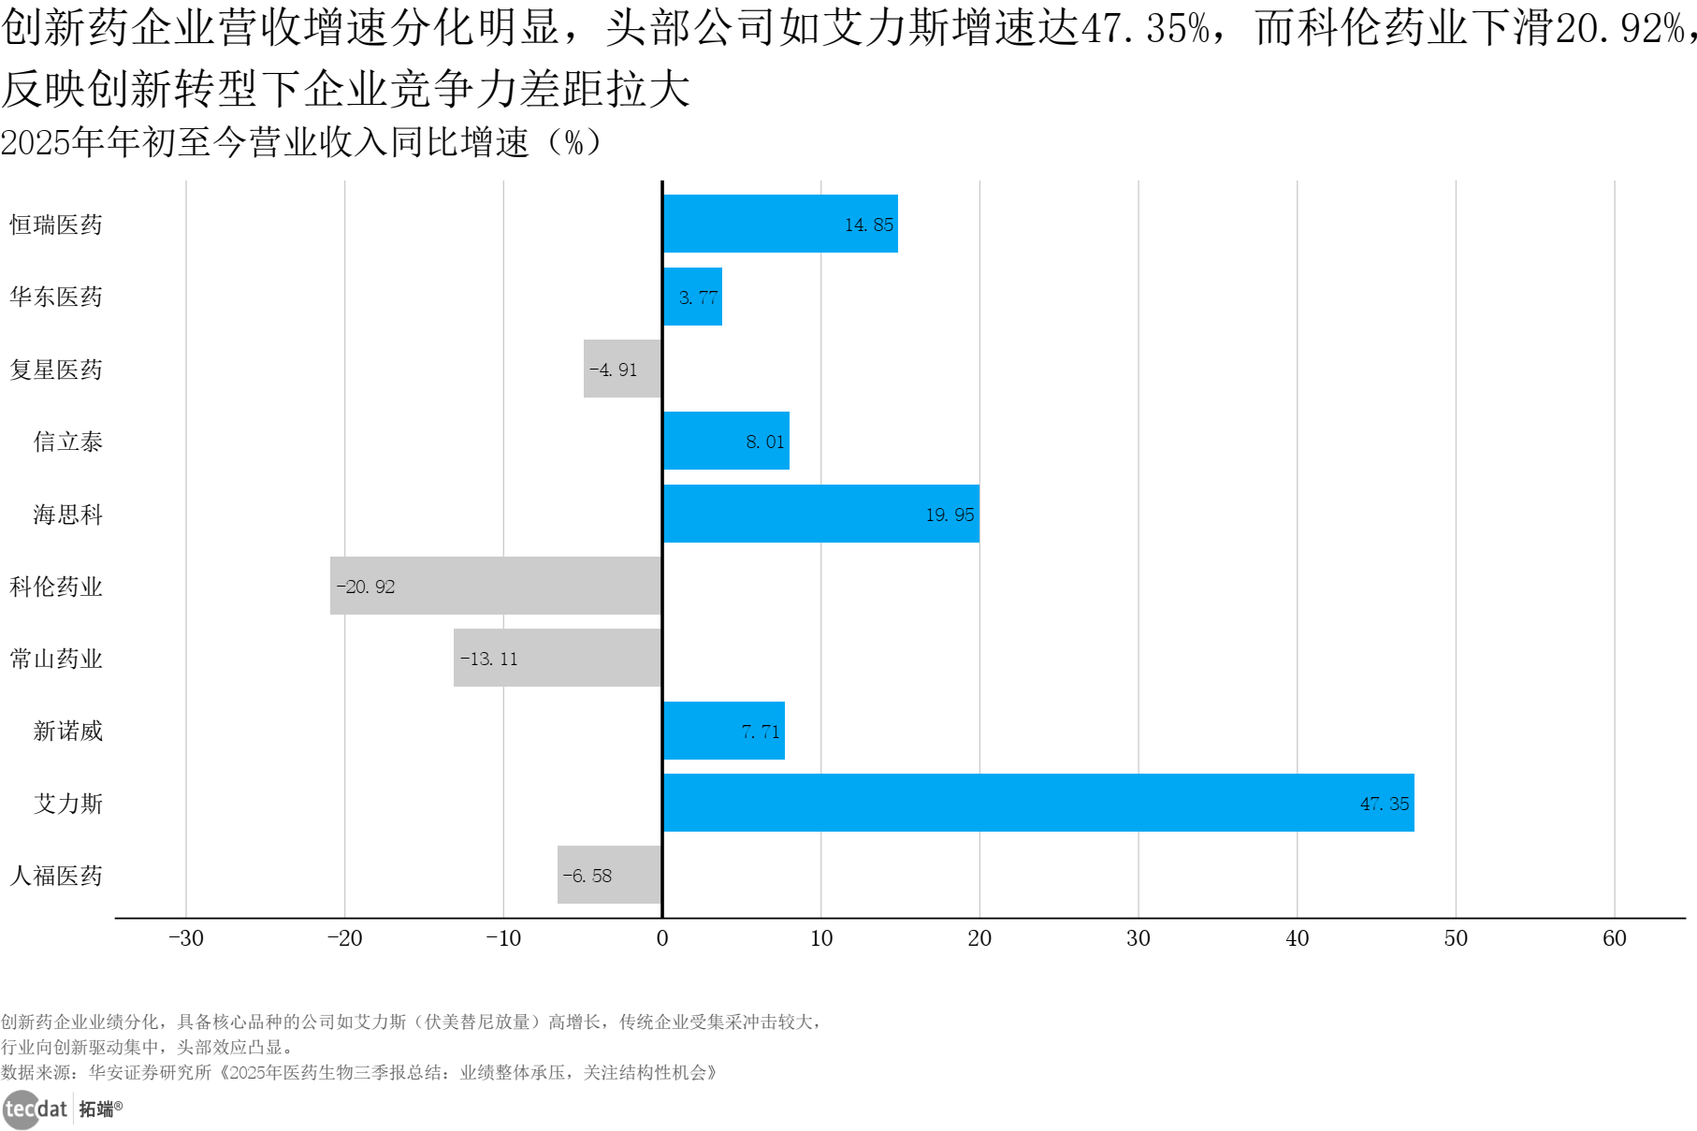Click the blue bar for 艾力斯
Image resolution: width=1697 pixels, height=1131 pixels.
click(x=1038, y=803)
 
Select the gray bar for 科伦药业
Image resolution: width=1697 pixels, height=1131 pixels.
click(x=496, y=586)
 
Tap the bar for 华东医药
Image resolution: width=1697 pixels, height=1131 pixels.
click(x=692, y=297)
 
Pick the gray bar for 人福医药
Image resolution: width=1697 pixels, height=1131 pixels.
click(x=610, y=875)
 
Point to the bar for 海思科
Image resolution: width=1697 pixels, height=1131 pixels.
click(x=821, y=514)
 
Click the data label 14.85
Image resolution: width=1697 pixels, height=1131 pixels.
click(x=868, y=225)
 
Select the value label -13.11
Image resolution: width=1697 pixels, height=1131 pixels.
click(x=488, y=659)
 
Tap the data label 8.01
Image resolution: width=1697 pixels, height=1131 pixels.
click(x=764, y=442)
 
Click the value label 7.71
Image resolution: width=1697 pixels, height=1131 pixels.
click(x=760, y=732)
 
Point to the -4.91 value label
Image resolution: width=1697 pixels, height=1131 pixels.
click(x=613, y=370)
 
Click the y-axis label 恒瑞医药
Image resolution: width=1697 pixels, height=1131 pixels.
click(x=56, y=225)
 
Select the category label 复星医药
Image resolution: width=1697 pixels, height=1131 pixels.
click(x=56, y=370)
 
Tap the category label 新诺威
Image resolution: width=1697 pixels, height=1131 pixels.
click(x=68, y=731)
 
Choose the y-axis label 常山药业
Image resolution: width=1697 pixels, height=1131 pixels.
click(x=56, y=659)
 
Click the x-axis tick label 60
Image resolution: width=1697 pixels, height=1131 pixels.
click(x=1614, y=938)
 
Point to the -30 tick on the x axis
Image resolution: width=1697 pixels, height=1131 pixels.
click(x=185, y=938)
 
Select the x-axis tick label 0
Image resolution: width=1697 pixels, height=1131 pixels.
click(x=662, y=938)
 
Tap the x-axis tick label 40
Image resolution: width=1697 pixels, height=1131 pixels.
click(x=1297, y=938)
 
